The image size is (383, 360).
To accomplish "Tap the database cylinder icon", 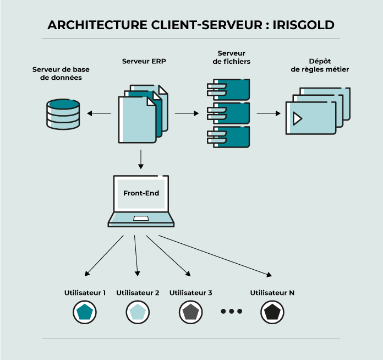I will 63,113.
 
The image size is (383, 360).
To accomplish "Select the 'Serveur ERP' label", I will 144,62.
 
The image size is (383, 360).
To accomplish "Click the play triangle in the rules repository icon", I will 298,118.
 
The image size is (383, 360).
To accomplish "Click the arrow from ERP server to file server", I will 187,114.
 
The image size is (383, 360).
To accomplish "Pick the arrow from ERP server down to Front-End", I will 141,159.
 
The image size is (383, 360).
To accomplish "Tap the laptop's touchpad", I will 141,220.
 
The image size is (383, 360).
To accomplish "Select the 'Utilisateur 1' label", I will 85,293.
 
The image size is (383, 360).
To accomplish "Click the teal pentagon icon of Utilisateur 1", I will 85,313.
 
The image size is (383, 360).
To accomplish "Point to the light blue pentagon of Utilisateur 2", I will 137,313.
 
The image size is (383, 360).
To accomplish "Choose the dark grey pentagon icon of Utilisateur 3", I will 190,313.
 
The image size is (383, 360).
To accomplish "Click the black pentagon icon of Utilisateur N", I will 272,313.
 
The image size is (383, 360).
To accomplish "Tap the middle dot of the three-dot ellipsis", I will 232,312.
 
